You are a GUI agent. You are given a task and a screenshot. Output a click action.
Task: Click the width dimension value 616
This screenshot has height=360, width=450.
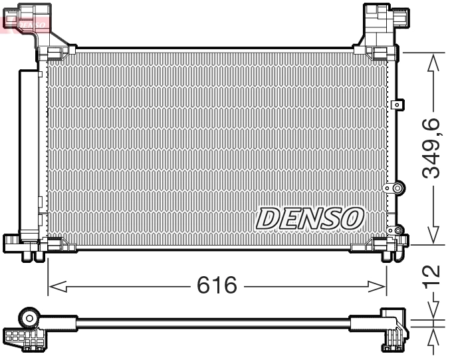point(216,286)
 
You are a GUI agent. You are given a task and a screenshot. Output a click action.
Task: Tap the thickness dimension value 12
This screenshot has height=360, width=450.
point(433,272)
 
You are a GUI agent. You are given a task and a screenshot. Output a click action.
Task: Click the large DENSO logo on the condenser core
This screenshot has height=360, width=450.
point(310,217)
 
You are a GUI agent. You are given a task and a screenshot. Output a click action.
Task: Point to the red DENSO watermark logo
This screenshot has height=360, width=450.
point(25,23)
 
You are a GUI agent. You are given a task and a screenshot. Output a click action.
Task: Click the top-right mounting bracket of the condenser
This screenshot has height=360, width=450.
point(380,27)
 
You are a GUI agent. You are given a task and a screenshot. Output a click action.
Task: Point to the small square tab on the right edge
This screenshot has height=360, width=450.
point(397,104)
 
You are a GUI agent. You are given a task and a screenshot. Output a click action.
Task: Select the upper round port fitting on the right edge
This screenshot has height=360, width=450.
point(397,189)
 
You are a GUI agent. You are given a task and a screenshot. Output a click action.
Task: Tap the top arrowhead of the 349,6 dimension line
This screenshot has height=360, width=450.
point(433,63)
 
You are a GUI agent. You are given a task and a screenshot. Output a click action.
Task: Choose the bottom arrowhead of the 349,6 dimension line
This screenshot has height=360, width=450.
point(433,236)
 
